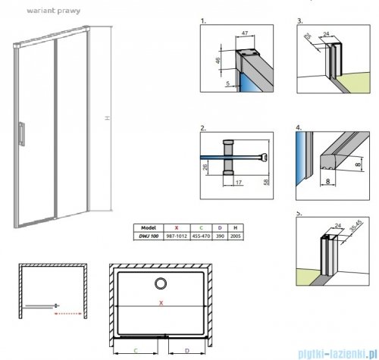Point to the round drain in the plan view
pyautogui.click(x=161, y=285)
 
